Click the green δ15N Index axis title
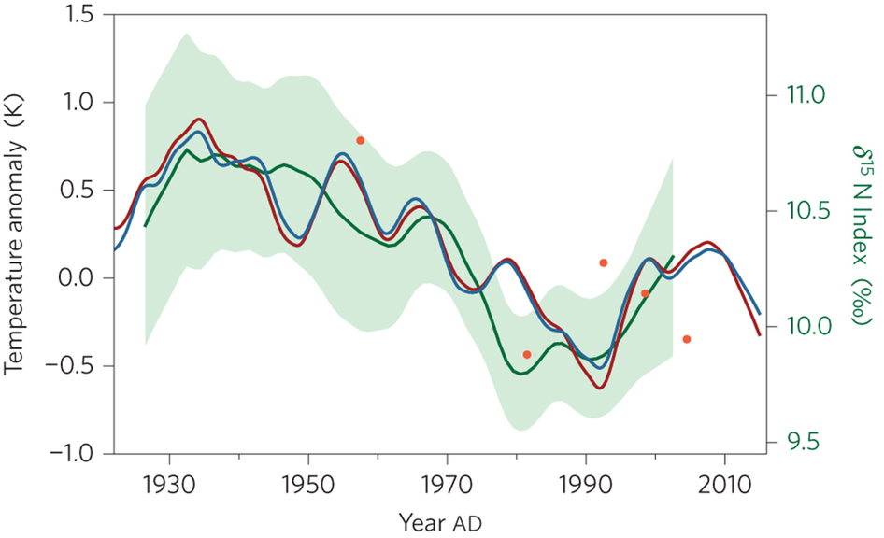coord(857,234)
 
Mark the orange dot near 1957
coord(361,140)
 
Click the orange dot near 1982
coord(527,355)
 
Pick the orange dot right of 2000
coord(687,339)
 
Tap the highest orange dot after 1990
coord(604,263)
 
